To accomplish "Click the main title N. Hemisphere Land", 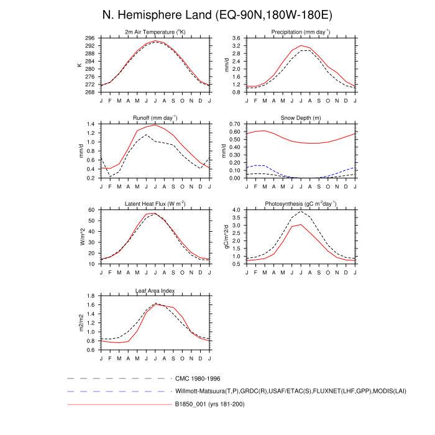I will tap(217, 14).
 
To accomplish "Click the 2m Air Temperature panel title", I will tap(155, 32).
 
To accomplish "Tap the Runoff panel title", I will tap(155, 117).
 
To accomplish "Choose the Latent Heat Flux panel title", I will tap(155, 204).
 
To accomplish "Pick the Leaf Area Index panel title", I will tap(155, 290).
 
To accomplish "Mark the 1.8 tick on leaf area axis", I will tap(91, 296).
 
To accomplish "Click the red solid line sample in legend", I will tap(118, 405).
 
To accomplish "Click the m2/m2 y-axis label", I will tap(80, 323).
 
